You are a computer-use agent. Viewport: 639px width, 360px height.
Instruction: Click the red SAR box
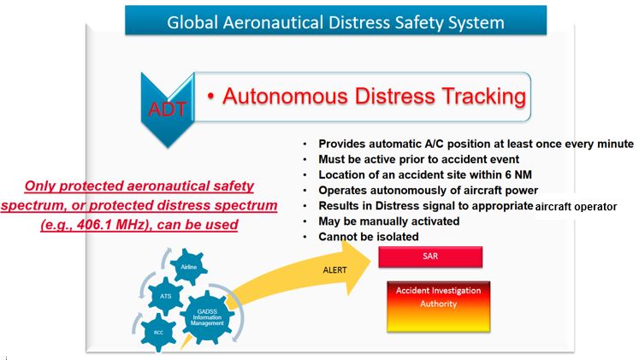(x=430, y=257)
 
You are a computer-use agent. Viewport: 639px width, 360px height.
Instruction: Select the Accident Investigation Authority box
(x=439, y=307)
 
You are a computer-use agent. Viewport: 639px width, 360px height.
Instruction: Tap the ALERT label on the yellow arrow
(x=334, y=270)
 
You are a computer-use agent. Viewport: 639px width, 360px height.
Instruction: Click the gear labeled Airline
(x=189, y=267)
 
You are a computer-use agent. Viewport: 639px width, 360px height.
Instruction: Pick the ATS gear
(x=165, y=296)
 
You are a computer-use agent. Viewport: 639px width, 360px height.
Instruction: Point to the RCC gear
(x=158, y=333)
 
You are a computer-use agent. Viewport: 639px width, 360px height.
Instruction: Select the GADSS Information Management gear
(x=207, y=317)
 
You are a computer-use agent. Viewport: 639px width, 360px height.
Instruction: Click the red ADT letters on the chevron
(x=167, y=109)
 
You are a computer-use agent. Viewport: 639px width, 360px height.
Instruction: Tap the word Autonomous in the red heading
(x=285, y=97)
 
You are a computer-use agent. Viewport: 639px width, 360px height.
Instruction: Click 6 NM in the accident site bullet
(x=518, y=174)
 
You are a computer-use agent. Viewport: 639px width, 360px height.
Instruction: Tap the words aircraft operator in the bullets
(x=576, y=207)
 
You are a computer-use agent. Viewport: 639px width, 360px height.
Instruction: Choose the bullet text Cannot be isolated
(x=369, y=237)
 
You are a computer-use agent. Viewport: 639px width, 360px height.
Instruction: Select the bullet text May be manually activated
(x=388, y=221)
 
